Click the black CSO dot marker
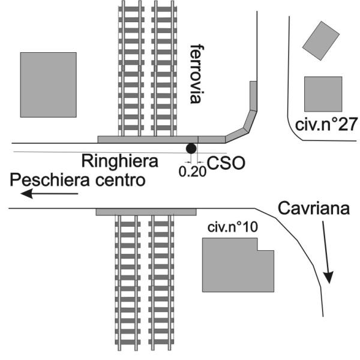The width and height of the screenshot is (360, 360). click(191, 148)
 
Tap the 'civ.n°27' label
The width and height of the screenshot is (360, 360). click(327, 125)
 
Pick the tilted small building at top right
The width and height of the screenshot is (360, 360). click(321, 42)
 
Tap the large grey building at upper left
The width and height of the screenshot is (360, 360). click(48, 85)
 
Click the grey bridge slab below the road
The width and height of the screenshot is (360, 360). click(146, 212)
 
